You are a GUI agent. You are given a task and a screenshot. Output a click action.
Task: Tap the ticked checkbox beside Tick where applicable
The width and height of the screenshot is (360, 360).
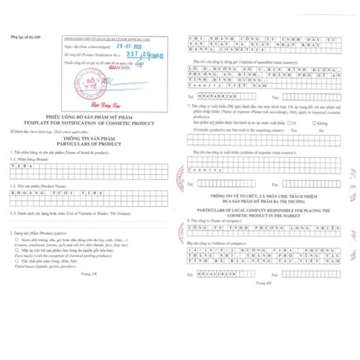click(x=13, y=132)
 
